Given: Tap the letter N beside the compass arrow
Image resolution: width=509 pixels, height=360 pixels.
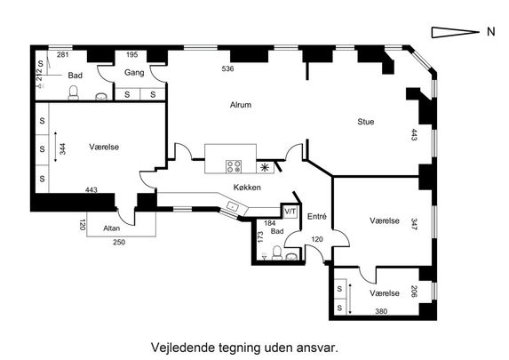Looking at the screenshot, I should point(489,33).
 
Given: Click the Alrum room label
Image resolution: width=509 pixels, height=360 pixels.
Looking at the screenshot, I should point(239,105).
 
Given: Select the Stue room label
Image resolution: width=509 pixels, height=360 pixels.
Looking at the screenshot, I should point(366,122).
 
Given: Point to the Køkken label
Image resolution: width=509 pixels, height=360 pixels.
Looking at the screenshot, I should point(247,187).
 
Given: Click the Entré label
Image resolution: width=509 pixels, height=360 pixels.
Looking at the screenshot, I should point(316,216).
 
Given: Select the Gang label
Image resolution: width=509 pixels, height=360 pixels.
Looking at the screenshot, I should point(134,73).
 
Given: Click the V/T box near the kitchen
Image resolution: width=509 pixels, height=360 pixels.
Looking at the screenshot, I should point(290,212).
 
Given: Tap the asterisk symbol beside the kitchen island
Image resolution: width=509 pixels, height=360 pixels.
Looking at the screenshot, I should point(265,167).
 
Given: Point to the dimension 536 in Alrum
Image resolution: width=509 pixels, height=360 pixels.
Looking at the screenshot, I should point(227,68).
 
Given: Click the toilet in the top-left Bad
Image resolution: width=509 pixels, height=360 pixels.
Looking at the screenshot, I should point(75,92).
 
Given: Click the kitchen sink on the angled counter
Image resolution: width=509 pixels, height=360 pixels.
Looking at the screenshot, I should point(233,206).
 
